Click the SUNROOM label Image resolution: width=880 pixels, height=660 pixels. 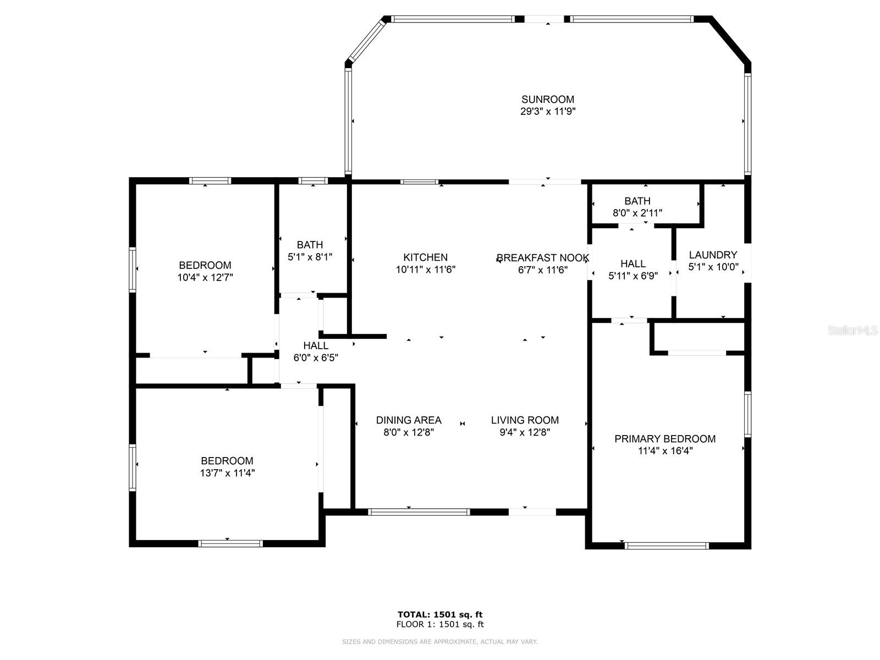coord(547,100)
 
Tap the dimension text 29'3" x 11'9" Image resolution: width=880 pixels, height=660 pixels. coord(548,112)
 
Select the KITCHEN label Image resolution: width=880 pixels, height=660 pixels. coord(425,257)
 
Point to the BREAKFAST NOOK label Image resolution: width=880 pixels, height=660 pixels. coord(543,257)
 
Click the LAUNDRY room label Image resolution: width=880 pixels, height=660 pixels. coord(713,255)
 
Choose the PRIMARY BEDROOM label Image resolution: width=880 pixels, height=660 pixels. coord(665,439)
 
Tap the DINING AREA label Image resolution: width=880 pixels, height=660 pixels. coord(409,420)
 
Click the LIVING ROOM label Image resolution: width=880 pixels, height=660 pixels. coord(525,420)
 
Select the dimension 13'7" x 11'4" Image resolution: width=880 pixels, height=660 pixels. coord(227,473)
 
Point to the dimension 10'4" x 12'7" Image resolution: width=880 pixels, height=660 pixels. coord(205,277)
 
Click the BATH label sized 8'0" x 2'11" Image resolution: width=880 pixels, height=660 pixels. coord(637,201)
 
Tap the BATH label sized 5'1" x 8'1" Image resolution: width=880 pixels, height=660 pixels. coord(310,245)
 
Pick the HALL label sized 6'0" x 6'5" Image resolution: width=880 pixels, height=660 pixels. coord(316,345)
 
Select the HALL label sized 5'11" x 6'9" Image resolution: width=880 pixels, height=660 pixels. coord(633,263)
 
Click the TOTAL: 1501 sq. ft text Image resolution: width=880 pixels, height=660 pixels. coord(440,614)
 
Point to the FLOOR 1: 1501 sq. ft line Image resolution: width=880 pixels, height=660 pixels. coord(440,624)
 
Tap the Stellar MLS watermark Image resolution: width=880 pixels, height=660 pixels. coord(853,330)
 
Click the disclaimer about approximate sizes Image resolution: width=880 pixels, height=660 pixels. coord(440,641)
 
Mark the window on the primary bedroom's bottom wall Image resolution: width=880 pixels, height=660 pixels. coord(666,546)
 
